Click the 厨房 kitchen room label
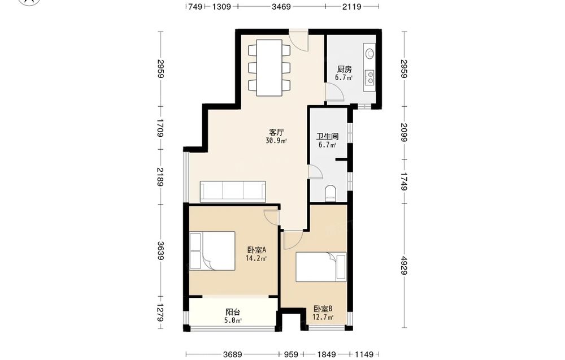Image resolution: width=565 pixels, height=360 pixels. click(344, 69)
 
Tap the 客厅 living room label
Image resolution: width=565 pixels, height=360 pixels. click(276, 132)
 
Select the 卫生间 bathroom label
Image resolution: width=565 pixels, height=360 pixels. click(327, 137)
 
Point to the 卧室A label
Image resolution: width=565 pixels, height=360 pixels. click(257, 250)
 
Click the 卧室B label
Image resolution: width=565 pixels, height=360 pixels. click(323, 309)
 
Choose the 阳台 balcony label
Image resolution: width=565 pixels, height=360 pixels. click(233, 312)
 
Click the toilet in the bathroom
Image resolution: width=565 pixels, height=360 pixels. click(330, 193)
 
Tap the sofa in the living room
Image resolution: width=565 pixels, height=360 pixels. click(233, 192)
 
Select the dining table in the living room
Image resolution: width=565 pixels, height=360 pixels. click(269, 67)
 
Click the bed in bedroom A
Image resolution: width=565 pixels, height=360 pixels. click(212, 251)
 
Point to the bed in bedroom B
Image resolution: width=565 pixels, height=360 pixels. click(321, 267)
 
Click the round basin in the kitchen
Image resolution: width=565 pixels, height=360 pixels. click(370, 54)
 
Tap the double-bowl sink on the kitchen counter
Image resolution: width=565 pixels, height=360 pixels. click(370, 77)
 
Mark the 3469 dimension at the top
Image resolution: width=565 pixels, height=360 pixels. click(281, 6)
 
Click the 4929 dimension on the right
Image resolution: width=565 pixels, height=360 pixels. click(404, 265)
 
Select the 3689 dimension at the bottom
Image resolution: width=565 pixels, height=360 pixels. click(232, 354)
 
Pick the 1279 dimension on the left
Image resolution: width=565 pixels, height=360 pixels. click(160, 313)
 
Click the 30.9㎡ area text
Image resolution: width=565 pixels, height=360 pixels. click(276, 141)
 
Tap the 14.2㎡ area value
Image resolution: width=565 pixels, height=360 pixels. click(256, 258)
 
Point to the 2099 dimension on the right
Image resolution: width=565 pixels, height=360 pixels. click(404, 132)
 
